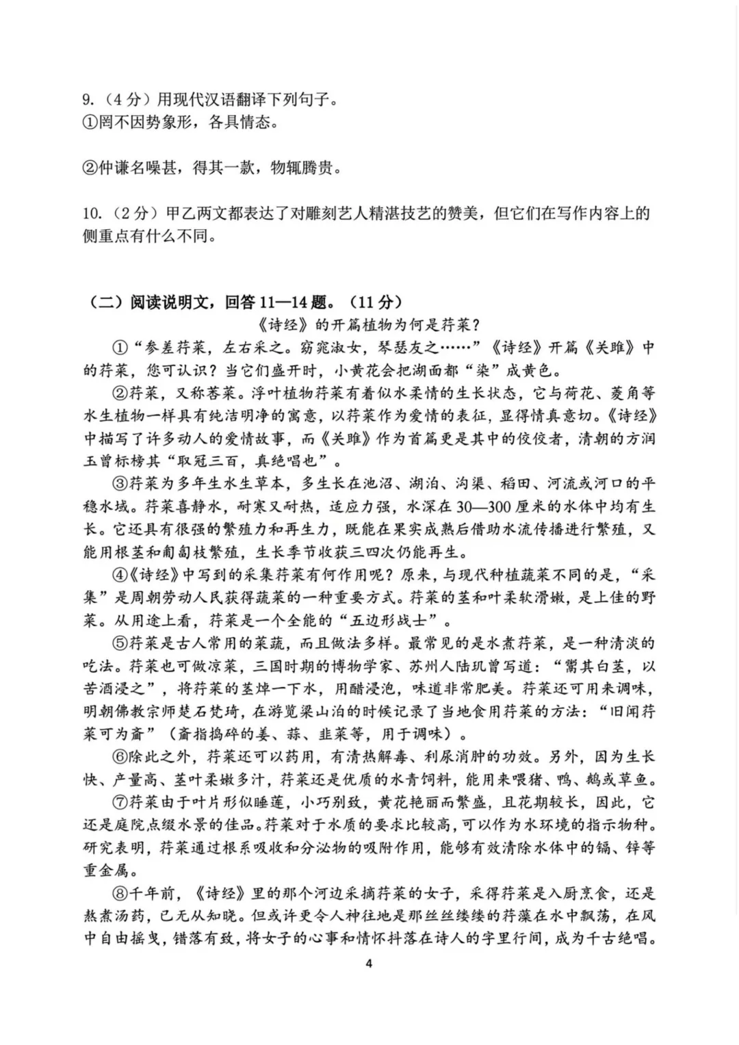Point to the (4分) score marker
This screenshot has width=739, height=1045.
125,100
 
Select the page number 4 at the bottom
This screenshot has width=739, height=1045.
369,964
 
